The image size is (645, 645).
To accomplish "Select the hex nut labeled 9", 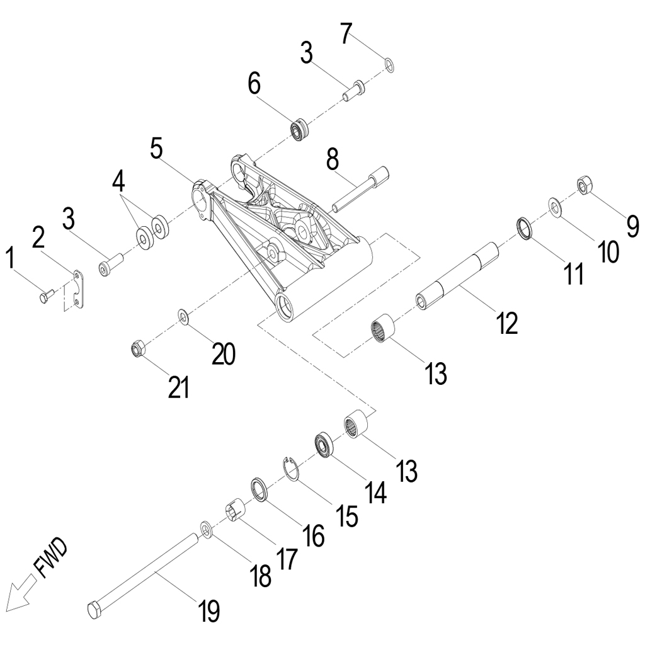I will click(585, 185).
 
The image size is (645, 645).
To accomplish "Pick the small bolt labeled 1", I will click(45, 295).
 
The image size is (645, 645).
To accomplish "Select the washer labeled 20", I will click(183, 314).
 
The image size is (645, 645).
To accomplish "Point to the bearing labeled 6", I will click(299, 129).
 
